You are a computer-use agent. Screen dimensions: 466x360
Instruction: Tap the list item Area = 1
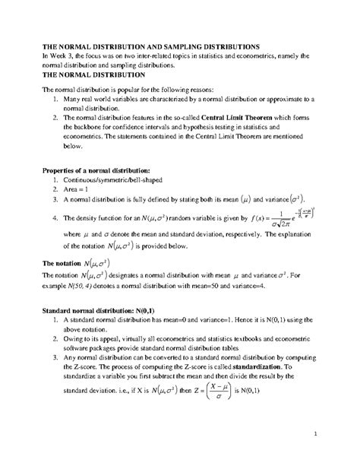coord(75,189)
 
